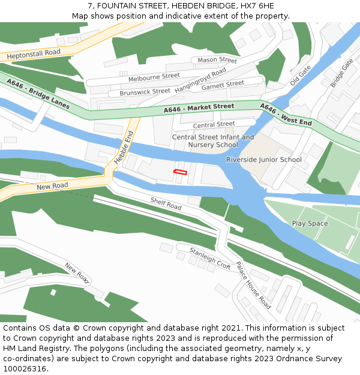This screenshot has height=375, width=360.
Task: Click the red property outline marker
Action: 180,172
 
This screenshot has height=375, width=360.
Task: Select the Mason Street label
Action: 217,60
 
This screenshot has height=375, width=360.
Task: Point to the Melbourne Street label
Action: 154,77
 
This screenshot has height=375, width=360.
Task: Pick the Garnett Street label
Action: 223,85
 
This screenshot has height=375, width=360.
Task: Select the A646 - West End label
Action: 286,115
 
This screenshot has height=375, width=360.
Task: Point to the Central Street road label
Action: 214,125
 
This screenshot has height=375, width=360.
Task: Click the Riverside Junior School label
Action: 264,160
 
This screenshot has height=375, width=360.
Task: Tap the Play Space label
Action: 310,224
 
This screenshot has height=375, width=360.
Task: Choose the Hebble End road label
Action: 123,148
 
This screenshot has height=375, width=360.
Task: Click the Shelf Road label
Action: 166,204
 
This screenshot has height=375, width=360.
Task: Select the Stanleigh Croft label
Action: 210,258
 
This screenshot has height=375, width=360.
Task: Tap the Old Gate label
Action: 300,76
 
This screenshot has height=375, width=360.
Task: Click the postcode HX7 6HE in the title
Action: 257,5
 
